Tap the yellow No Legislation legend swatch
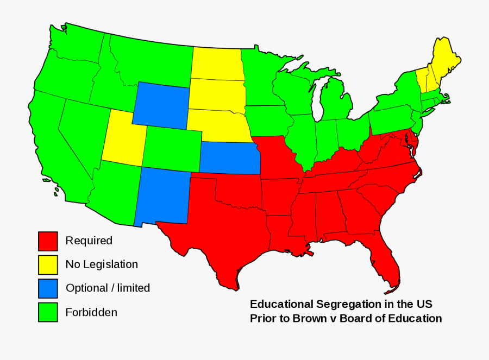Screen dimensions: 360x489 click(48, 265)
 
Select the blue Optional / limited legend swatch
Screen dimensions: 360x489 click(48, 288)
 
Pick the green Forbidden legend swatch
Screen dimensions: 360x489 click(48, 312)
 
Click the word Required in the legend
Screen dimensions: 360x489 click(89, 241)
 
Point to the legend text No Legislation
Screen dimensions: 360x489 click(102, 264)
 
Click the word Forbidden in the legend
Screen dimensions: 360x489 click(91, 312)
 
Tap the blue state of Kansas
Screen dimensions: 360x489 click(228, 158)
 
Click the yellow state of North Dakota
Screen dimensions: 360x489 click(216, 63)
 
